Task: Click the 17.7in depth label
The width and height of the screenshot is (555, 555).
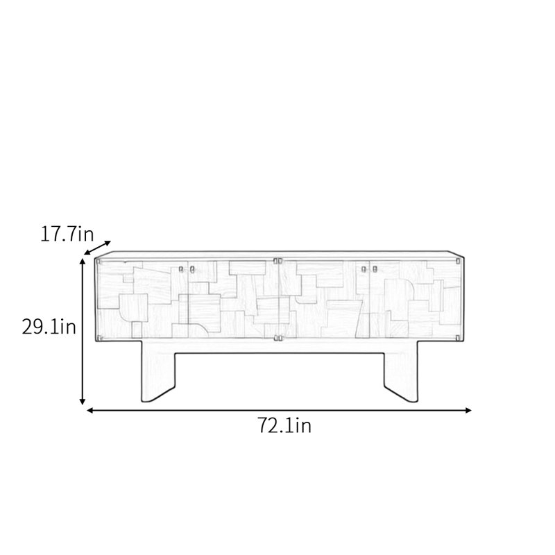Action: (x=67, y=234)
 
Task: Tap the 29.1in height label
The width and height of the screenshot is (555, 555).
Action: (x=49, y=326)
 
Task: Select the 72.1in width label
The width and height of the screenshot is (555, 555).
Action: (x=284, y=425)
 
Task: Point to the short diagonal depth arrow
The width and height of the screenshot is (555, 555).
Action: (x=97, y=248)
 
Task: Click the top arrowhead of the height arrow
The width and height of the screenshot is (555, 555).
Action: (x=83, y=262)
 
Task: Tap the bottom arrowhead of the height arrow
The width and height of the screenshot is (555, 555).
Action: (x=82, y=401)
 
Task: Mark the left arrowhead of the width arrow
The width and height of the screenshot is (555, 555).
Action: (x=90, y=410)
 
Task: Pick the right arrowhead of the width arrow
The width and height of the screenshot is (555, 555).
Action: (x=468, y=410)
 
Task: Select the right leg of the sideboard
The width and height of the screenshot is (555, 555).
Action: (x=402, y=372)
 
